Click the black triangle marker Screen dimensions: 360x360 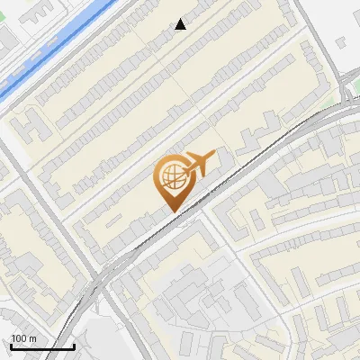[x=181, y=24]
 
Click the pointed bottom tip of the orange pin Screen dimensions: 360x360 [x=174, y=211]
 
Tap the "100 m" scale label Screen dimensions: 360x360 [x=24, y=338]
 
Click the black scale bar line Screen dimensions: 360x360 [x=42, y=347]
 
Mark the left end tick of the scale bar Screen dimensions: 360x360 [x=11, y=346]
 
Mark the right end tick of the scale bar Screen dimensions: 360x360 [x=74, y=346]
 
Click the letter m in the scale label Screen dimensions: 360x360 [x=33, y=338]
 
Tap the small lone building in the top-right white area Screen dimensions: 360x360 [x=343, y=41]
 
